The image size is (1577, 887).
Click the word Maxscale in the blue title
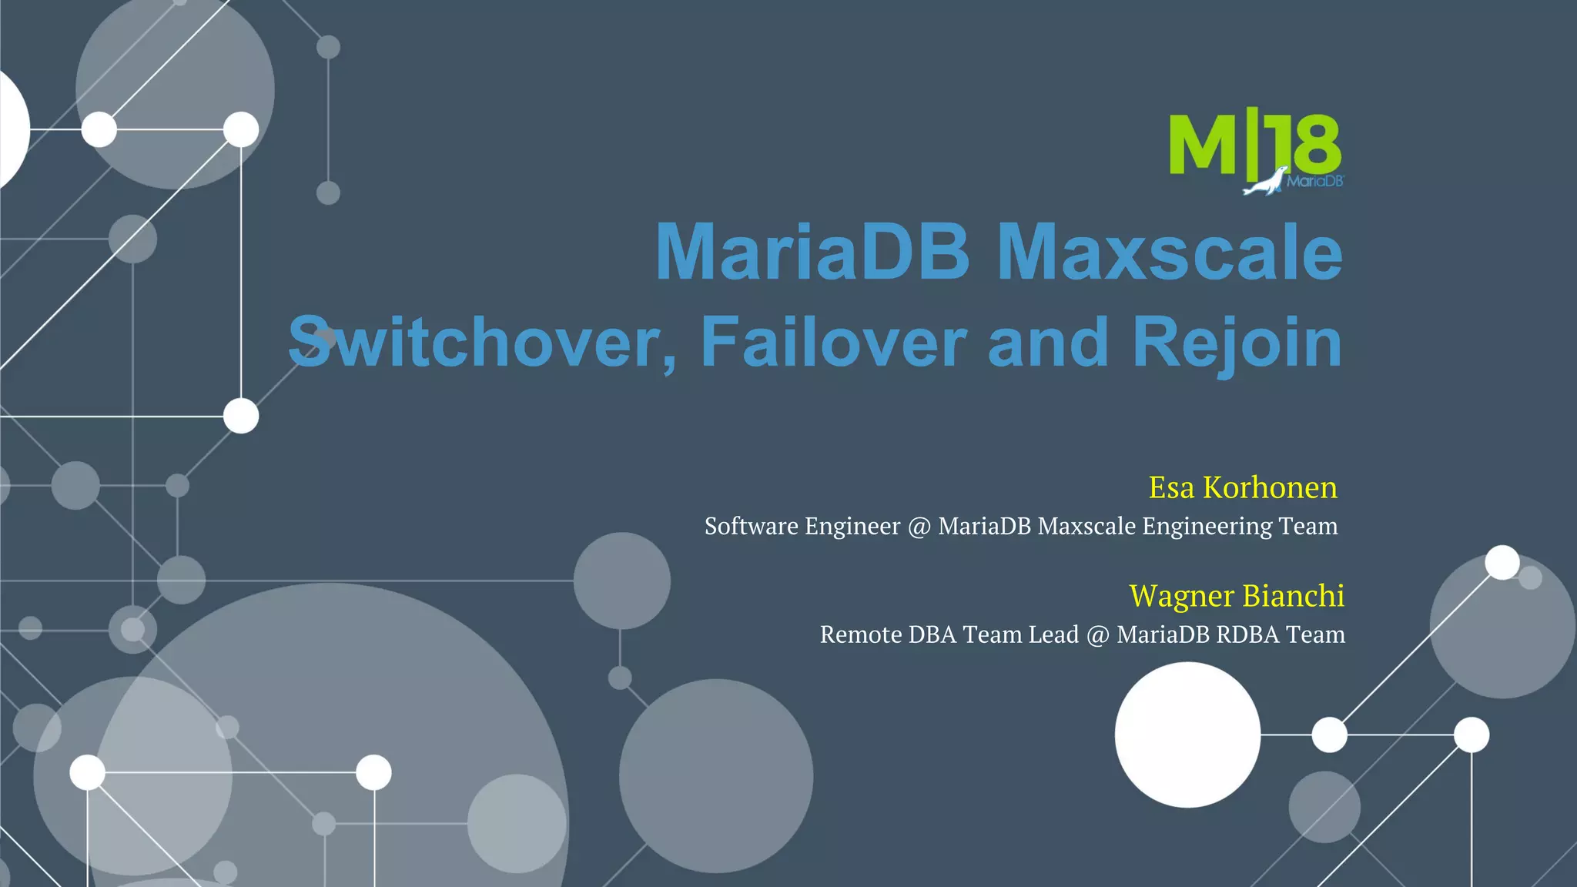(1170, 252)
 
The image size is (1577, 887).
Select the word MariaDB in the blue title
(812, 252)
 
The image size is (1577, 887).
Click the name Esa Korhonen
(1243, 487)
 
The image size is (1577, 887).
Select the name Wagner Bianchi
(1237, 596)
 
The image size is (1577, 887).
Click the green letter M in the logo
(1202, 145)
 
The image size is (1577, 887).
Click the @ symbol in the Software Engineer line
(919, 527)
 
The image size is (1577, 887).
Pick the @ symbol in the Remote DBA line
(1097, 635)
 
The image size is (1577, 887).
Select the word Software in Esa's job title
(751, 526)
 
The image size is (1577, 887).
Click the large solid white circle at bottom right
(1187, 735)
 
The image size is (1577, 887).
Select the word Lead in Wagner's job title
(1053, 634)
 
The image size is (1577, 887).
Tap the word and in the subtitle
(1048, 343)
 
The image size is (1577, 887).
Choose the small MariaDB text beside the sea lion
(1315, 182)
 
